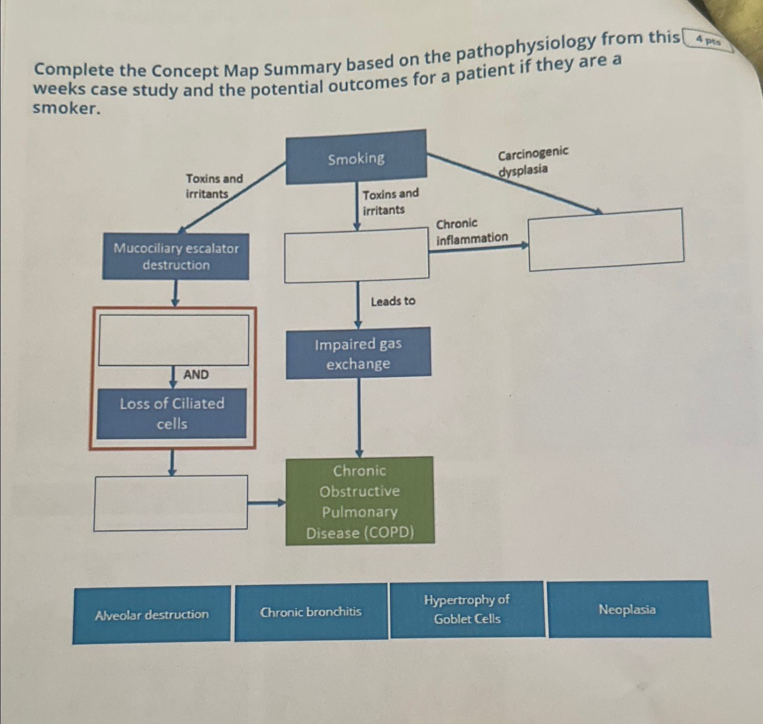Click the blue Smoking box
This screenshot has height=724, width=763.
tap(356, 158)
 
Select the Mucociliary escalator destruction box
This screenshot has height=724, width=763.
tap(176, 256)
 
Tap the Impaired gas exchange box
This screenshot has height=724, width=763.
tap(358, 353)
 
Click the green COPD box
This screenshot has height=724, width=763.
tap(360, 501)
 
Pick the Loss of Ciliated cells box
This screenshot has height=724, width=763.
tap(172, 413)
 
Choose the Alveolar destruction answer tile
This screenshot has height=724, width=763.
tap(152, 615)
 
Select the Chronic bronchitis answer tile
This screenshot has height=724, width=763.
tap(311, 612)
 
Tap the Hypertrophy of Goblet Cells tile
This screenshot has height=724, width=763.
tap(467, 609)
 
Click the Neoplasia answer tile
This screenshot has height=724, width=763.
tap(627, 609)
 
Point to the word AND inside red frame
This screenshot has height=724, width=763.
tap(196, 375)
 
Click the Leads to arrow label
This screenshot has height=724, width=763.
tap(393, 301)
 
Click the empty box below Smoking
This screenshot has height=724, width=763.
tap(357, 255)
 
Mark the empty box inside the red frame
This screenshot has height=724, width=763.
tap(174, 340)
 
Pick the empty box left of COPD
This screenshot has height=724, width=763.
tap(171, 503)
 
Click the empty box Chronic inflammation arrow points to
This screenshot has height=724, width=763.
tap(605, 239)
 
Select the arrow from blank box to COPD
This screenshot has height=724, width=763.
tap(266, 503)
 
